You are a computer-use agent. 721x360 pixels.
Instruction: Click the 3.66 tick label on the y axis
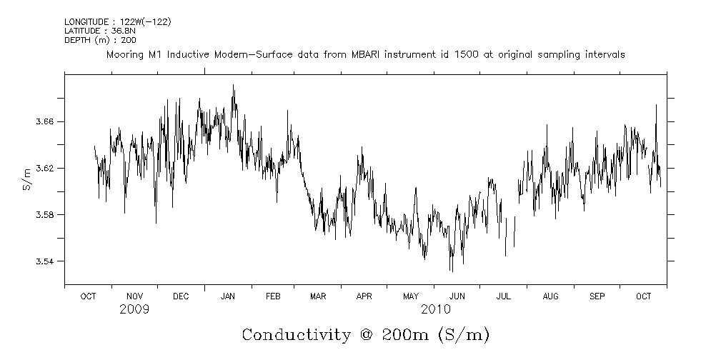click(x=46, y=122)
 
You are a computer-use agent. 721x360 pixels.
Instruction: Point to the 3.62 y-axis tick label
click(x=46, y=169)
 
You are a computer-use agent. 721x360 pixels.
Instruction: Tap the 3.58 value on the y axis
click(x=46, y=215)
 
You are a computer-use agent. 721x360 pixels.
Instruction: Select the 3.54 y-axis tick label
click(x=46, y=261)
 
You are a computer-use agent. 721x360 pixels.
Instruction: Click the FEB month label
click(x=274, y=296)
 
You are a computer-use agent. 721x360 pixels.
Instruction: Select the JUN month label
click(x=457, y=296)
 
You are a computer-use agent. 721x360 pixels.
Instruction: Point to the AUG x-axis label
click(x=550, y=296)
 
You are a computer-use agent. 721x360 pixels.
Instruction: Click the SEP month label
click(x=597, y=296)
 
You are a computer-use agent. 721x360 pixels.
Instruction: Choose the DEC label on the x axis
click(x=181, y=296)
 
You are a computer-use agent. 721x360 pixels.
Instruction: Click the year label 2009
click(x=134, y=309)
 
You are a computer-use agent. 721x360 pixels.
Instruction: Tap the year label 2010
click(x=435, y=309)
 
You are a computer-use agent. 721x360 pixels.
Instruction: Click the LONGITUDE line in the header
click(x=117, y=22)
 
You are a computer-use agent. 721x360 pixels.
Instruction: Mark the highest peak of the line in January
click(x=233, y=85)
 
